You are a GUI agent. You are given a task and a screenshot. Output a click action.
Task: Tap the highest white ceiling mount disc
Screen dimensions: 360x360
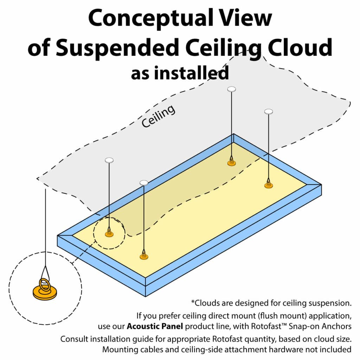pos(231,89)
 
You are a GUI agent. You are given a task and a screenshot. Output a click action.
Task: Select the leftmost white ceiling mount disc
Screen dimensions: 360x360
pos(109,160)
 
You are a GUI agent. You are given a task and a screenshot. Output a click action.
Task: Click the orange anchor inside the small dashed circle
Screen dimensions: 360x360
pos(109,234)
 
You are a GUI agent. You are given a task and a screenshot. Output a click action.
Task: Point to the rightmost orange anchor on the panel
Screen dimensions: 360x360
pos(269,185)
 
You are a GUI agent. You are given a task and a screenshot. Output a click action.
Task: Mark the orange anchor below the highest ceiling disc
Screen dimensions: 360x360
pos(231,163)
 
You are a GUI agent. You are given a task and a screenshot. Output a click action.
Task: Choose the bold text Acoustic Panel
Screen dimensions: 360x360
pos(155,326)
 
